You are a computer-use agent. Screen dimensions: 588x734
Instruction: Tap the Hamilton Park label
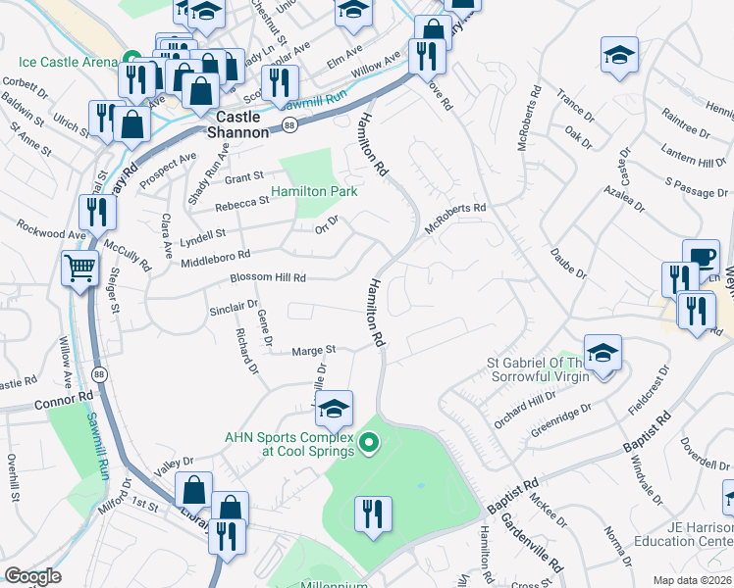pos(315,191)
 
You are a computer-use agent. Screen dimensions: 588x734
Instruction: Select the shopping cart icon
pos(80,268)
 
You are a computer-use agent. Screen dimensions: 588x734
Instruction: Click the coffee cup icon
pos(701,257)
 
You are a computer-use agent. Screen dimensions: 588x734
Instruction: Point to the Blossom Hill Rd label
pos(268,277)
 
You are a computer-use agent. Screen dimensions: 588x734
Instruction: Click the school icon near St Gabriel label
pos(603,353)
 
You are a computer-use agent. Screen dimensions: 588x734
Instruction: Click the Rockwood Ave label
pos(51,235)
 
